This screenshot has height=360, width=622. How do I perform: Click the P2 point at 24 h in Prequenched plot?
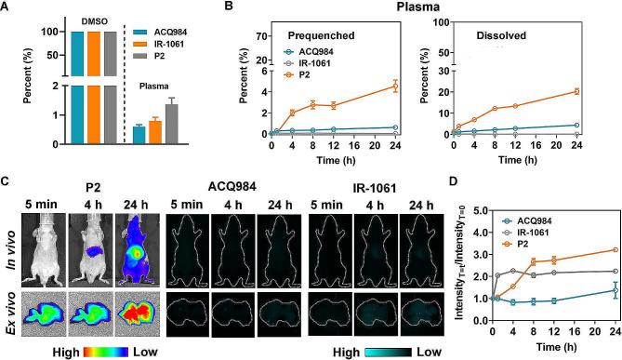(395, 87)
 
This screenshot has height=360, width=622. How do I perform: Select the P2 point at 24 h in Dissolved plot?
(576, 91)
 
